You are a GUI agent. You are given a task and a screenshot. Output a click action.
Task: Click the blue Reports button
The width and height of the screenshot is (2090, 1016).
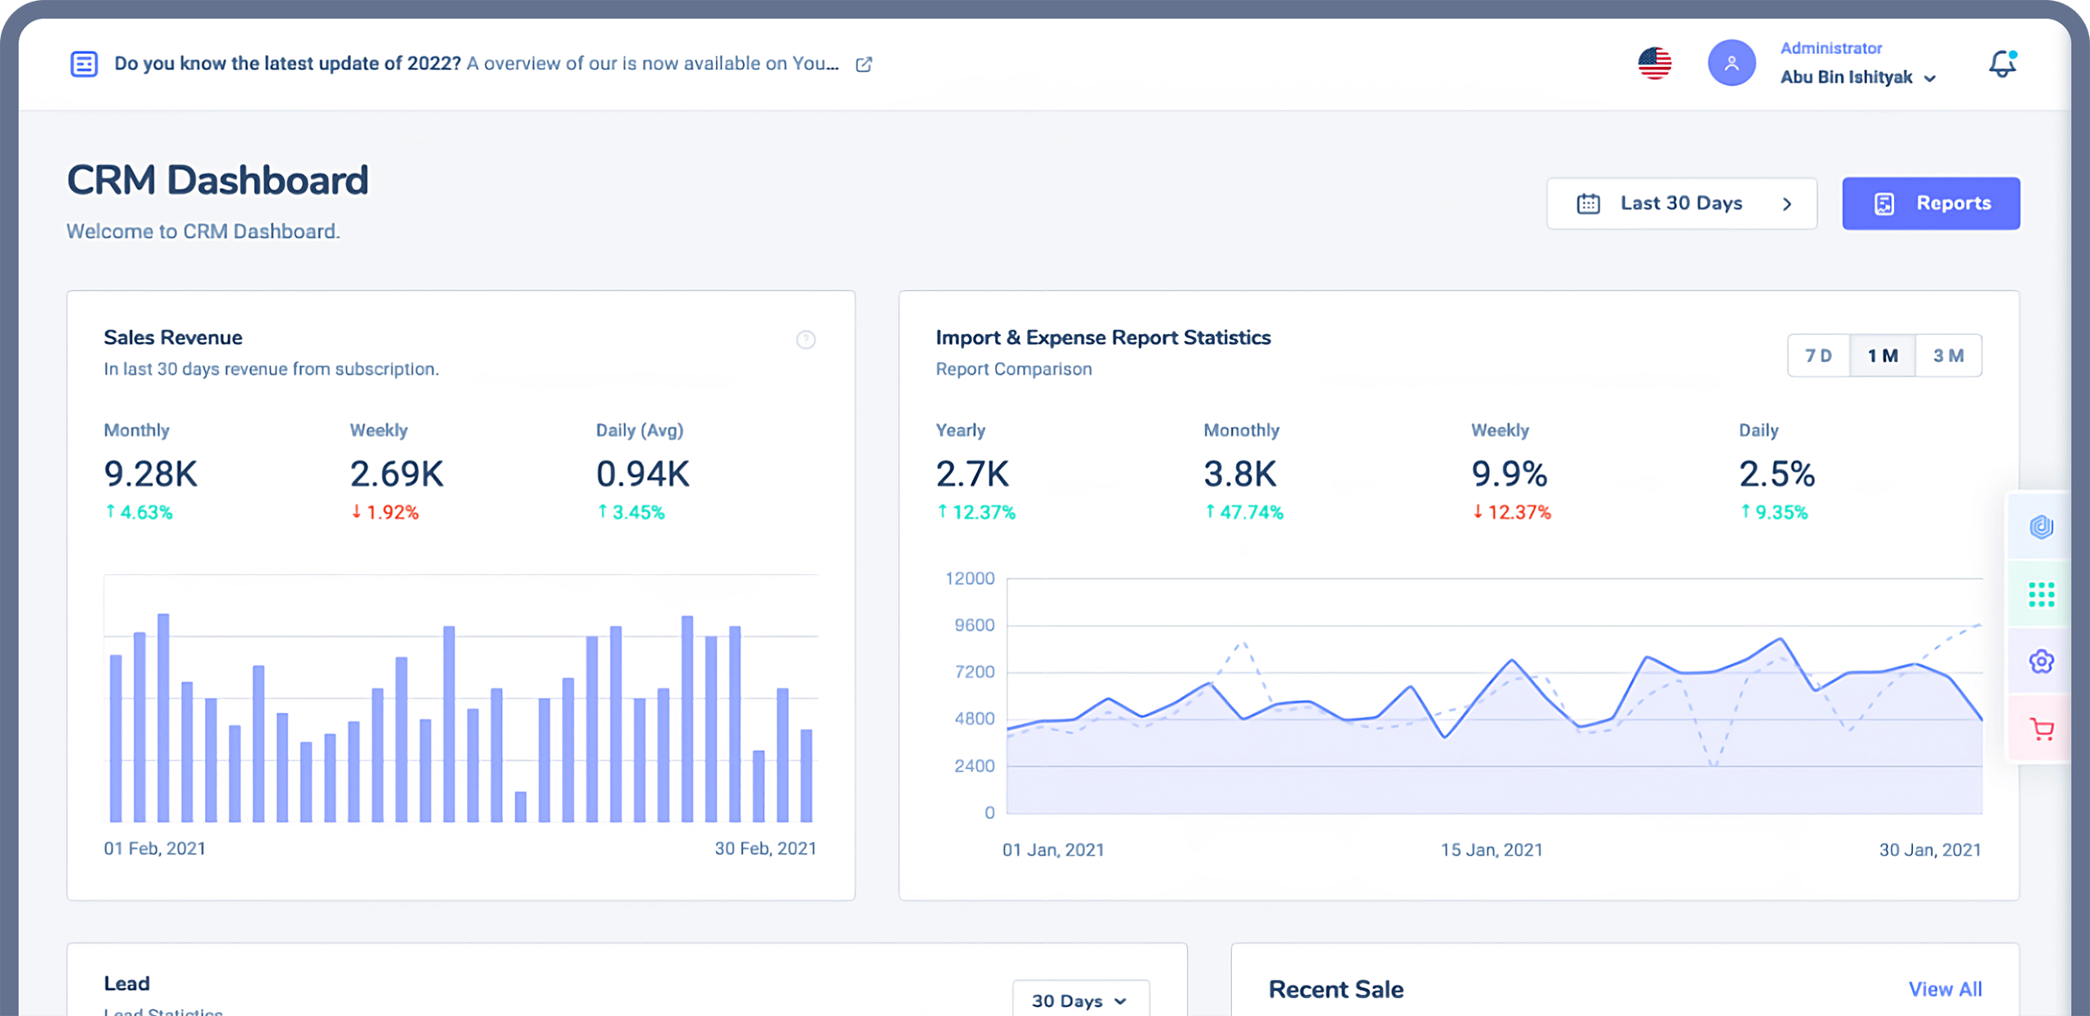(1930, 203)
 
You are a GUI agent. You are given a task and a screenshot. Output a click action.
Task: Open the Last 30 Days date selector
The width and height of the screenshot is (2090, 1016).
(1681, 203)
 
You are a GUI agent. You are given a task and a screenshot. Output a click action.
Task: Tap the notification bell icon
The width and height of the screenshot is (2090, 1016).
(2001, 64)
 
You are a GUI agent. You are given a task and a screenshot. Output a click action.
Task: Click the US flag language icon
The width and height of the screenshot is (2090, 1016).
(1654, 64)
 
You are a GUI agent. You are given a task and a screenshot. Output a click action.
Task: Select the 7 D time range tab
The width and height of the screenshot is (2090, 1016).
(1818, 356)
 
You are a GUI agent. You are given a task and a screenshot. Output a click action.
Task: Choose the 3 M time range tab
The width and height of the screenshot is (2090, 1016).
(1948, 356)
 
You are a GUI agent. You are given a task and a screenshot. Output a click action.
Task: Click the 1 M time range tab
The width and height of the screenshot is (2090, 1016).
(1883, 356)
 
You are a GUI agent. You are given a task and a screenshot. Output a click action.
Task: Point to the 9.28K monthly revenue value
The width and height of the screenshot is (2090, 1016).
(151, 475)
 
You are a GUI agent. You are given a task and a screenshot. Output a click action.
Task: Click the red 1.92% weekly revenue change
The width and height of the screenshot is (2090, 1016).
(385, 513)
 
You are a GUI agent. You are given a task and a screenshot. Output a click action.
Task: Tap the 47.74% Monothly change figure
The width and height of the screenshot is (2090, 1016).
(1244, 513)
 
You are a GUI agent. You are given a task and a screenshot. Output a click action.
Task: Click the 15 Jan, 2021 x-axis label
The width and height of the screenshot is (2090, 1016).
(1491, 850)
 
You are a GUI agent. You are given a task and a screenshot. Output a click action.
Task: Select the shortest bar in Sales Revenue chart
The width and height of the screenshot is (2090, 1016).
(521, 807)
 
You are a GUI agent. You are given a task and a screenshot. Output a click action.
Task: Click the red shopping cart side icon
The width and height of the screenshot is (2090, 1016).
(2041, 729)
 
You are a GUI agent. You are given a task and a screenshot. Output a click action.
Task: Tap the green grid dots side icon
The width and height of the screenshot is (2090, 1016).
(2041, 595)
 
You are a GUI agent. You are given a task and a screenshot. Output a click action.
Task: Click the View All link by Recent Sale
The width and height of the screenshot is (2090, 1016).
(1945, 990)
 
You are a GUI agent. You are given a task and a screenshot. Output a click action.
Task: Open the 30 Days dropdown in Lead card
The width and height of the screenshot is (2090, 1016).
(1080, 1000)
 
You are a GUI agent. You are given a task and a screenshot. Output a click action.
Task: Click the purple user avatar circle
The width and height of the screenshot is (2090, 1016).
(1731, 64)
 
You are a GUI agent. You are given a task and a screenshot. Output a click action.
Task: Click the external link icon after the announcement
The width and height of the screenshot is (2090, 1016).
(864, 65)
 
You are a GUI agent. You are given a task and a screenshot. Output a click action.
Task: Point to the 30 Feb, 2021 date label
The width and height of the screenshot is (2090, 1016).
(765, 849)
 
